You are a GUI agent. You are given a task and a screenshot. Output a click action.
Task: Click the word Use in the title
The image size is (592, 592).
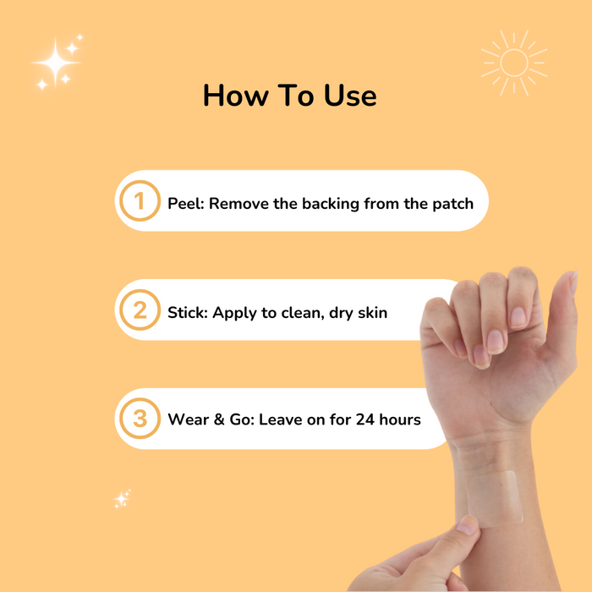click(350, 96)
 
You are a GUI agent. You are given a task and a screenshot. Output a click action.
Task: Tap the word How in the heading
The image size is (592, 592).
click(235, 96)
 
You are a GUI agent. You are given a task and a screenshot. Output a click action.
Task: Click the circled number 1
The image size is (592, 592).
click(140, 200)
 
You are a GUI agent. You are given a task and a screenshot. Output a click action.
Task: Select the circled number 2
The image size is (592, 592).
click(140, 310)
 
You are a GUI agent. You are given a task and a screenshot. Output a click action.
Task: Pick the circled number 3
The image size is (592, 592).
click(140, 419)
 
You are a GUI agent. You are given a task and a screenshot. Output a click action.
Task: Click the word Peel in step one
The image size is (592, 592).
click(185, 204)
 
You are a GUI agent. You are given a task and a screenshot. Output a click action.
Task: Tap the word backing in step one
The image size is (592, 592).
click(331, 205)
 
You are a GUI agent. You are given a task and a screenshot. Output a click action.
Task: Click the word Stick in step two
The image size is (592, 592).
click(187, 313)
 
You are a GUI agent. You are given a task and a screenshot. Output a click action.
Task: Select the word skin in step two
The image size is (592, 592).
click(372, 313)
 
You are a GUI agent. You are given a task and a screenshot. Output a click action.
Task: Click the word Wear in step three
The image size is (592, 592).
click(188, 419)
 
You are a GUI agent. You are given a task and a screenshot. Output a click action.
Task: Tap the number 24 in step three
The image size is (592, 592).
click(365, 419)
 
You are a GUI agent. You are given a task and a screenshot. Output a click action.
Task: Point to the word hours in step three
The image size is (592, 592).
click(400, 419)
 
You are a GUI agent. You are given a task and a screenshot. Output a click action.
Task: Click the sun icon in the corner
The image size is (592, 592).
click(514, 63)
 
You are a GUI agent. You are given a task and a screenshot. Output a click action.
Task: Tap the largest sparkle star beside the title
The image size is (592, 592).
click(56, 63)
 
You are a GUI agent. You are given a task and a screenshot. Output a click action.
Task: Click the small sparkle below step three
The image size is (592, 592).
click(122, 499)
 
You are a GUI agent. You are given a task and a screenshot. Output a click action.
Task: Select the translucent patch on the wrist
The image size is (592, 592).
click(494, 498)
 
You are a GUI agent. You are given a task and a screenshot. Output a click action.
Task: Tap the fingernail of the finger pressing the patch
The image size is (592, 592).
click(467, 525)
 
